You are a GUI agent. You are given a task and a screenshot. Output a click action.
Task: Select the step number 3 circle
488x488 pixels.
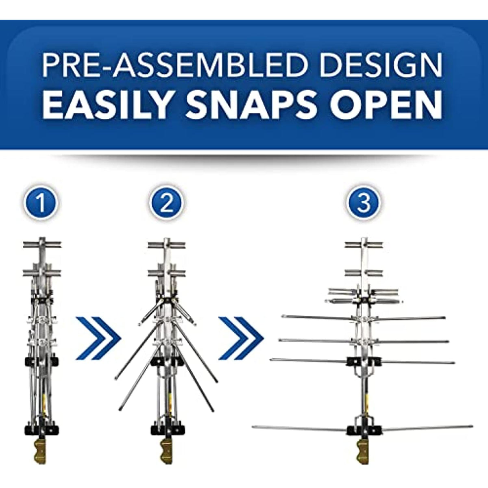(364, 203)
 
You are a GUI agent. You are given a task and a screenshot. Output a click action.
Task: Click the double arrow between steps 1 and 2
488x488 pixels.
(98, 338)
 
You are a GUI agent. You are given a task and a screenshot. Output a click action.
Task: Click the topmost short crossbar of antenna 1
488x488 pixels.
(42, 245)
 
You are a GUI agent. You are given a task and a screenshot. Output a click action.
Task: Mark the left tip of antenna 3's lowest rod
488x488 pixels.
(254, 427)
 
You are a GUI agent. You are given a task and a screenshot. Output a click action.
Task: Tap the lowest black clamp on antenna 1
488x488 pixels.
(42, 429)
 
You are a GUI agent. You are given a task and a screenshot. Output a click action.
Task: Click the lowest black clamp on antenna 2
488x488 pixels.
(167, 429)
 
